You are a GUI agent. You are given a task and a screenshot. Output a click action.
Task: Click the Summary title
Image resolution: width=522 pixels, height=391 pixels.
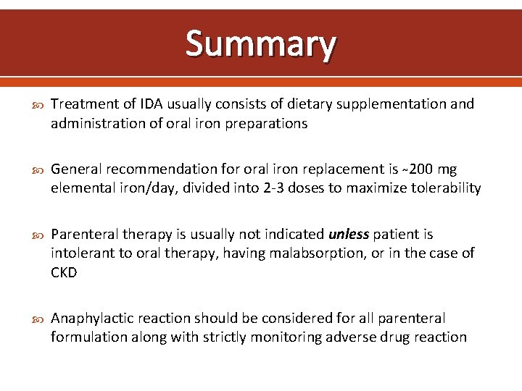point(261,43)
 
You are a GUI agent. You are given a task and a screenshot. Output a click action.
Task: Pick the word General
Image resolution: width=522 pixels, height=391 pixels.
point(78,169)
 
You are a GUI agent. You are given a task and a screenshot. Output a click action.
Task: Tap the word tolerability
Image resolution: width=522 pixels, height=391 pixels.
point(444,189)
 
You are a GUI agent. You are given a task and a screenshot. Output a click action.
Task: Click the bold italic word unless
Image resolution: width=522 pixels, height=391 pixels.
point(349,235)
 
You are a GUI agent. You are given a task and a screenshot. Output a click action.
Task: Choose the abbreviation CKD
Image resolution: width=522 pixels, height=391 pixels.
point(65,273)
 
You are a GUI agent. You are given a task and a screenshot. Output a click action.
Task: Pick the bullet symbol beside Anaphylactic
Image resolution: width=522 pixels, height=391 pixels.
point(38,319)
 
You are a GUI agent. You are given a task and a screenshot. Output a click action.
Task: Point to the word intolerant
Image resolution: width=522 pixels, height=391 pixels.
point(81,253)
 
